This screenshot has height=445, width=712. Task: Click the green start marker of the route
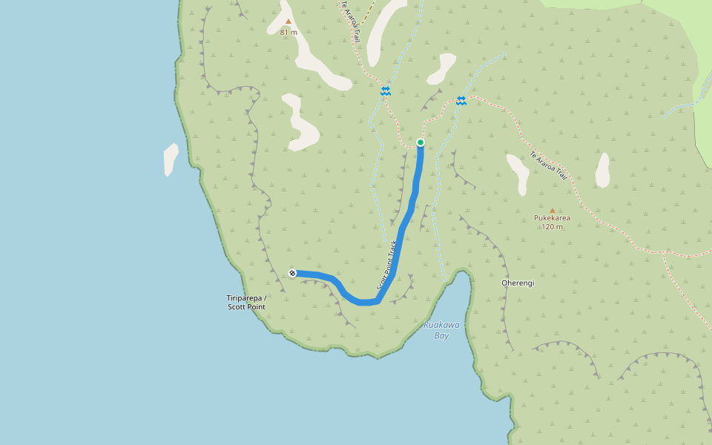421,142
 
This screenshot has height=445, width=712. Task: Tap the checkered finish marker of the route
293,273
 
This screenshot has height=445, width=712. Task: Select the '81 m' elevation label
289,33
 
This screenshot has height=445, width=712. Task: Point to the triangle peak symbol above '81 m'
289,22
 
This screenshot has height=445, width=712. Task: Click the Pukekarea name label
552,219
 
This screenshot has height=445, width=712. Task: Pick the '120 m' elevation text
552,227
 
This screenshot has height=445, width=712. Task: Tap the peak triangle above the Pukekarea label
552,210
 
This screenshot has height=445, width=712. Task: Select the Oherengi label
518,283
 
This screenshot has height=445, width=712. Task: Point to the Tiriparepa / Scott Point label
246,302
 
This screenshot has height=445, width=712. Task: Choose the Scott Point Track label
386,265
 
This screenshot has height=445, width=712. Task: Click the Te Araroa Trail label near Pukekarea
548,166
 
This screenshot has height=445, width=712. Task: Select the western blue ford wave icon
386,90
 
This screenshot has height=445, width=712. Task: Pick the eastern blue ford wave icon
461,101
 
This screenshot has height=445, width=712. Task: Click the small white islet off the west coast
171,159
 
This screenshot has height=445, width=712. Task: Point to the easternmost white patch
602,171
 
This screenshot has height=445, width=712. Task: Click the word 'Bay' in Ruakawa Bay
441,336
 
